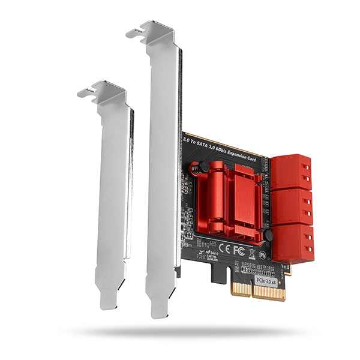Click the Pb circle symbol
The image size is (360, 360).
coord(262,254)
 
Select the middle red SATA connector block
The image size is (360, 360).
coord(290,205)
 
